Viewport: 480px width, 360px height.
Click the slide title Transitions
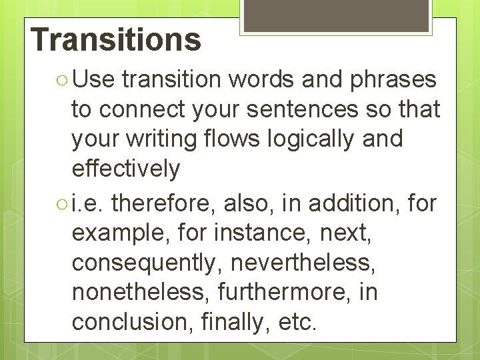pyautogui.click(x=115, y=39)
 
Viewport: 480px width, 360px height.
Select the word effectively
pyautogui.click(x=126, y=169)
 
